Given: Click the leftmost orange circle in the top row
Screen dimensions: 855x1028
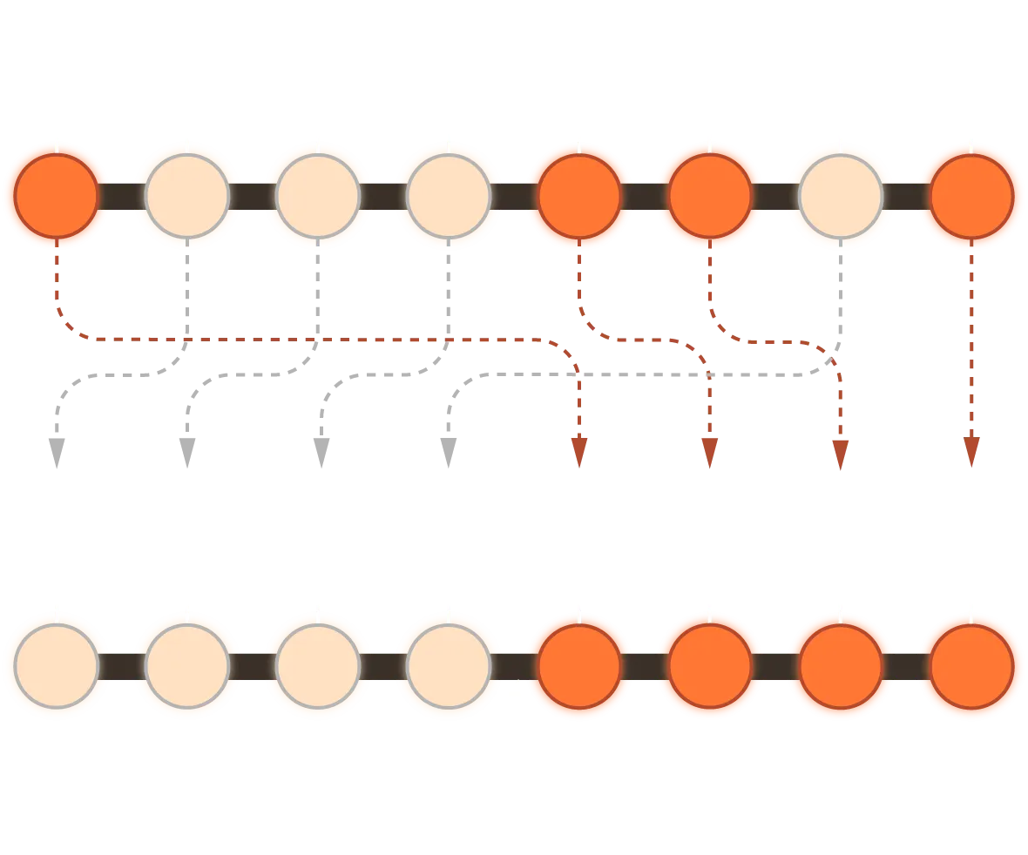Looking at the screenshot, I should tap(57, 196).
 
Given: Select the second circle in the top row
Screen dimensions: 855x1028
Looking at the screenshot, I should tap(187, 196).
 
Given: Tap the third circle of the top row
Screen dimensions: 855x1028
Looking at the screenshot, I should tap(318, 196).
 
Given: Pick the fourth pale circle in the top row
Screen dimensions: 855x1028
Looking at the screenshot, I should tap(449, 196).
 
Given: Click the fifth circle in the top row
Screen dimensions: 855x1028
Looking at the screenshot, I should tap(579, 196).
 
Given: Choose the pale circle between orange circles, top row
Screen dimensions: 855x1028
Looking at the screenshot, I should tap(841, 196).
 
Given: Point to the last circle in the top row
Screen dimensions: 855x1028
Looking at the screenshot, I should tap(971, 196).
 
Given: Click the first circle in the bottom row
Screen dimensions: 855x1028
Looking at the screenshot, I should tap(57, 666).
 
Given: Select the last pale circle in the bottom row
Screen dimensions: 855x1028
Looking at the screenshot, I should tap(449, 666).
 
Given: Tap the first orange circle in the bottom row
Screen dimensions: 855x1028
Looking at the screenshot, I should tap(579, 666).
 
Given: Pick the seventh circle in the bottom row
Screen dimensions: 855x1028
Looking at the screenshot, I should tap(841, 666).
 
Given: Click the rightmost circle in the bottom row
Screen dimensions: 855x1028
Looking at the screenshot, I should tap(971, 666).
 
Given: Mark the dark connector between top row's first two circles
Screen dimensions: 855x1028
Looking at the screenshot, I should tap(122, 198).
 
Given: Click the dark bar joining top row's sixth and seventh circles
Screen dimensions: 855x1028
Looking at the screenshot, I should tap(775, 198).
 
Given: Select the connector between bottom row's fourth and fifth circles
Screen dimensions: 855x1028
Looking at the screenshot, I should tap(514, 666).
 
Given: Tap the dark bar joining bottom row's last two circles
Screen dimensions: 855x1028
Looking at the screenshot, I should tap(906, 666).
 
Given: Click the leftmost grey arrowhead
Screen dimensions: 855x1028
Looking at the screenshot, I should tap(57, 441).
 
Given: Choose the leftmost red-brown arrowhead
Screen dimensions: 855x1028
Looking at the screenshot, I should tap(578, 449).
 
